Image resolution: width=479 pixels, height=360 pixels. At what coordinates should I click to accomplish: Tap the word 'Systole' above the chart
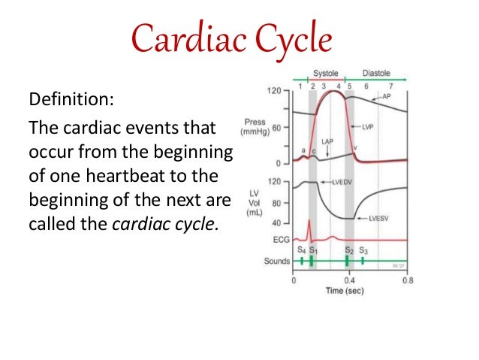[326, 74]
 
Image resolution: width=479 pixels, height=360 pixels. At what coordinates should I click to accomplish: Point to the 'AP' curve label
[387, 97]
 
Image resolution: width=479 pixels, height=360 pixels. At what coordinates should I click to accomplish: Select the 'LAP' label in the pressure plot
[327, 141]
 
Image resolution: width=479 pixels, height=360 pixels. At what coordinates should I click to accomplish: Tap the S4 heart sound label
[301, 250]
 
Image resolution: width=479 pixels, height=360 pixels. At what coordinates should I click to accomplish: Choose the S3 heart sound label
[363, 250]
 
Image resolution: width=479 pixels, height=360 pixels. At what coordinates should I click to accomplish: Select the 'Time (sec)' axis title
[350, 291]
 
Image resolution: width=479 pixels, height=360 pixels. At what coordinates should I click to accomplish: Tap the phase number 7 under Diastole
[390, 86]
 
